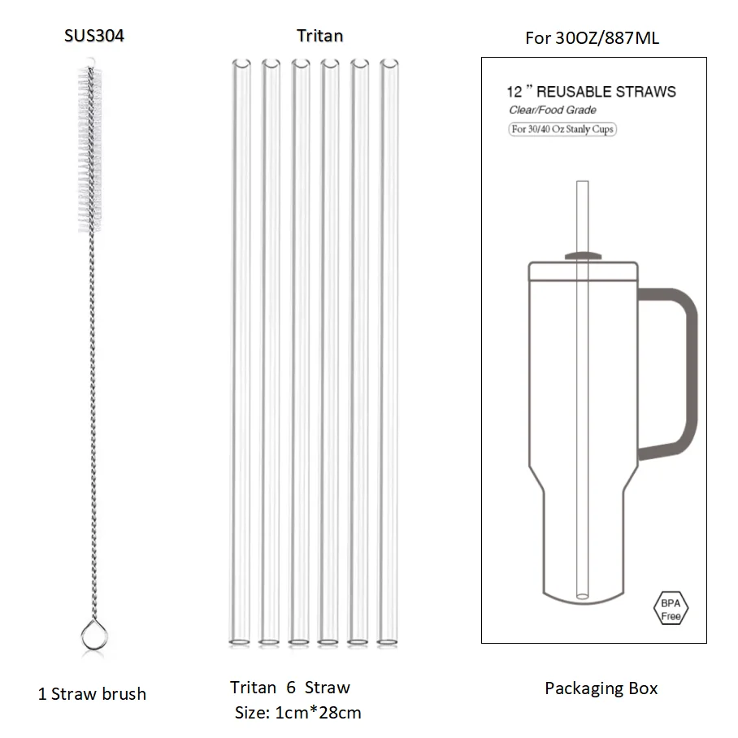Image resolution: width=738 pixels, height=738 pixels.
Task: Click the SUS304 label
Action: click(94, 36)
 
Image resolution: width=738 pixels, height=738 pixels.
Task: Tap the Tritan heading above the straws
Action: click(319, 36)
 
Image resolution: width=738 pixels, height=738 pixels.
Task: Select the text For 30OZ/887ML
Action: click(592, 37)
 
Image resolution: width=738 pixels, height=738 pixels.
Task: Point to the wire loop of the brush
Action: click(94, 636)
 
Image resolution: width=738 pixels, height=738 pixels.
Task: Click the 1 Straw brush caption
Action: click(93, 694)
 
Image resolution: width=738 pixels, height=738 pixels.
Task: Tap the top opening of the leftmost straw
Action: click(241, 63)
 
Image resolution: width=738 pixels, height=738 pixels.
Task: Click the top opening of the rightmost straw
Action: click(389, 63)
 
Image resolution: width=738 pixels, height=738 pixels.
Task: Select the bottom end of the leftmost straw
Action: click(240, 642)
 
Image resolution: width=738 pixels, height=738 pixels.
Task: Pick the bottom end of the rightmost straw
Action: click(388, 642)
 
